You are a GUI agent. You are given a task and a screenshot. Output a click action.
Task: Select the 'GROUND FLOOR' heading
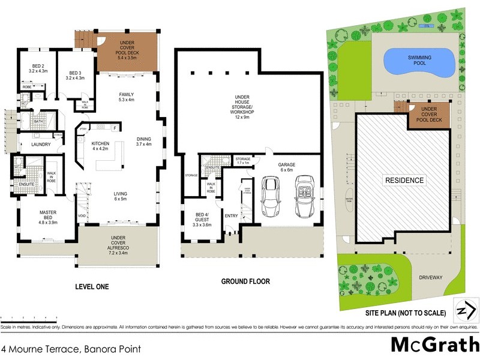coord(245,281)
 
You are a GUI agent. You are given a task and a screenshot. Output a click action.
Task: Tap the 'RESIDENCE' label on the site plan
coord(404,180)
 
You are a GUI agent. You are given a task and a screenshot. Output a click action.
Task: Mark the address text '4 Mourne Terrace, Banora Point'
coord(71,348)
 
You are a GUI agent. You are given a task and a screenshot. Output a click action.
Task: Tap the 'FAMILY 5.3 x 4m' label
coord(127,97)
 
